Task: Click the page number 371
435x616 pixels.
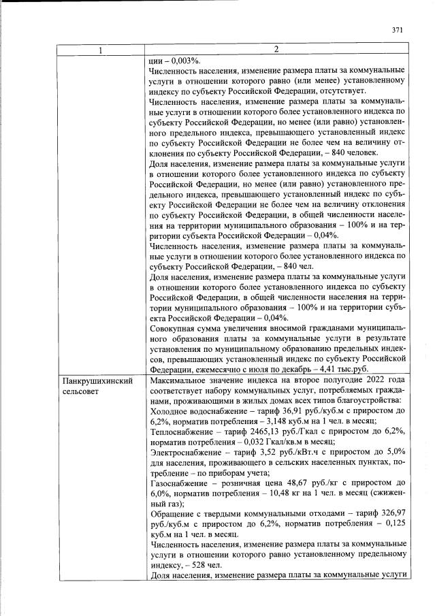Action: click(398, 30)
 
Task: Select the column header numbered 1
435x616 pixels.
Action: click(100, 50)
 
